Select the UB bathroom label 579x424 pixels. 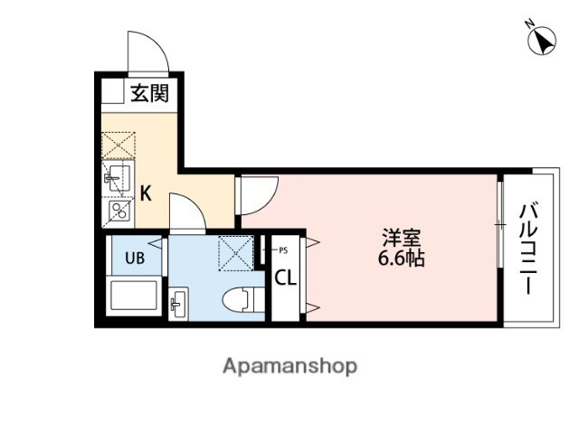point(134,258)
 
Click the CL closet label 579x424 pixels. point(285,278)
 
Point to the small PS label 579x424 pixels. point(282,250)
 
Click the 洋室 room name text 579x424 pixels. point(401,240)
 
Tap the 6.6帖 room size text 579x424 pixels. point(401,259)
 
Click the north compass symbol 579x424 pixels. point(543,42)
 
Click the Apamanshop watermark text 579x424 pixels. point(289,366)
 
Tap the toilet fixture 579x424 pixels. point(238,299)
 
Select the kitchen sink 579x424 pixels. point(118,176)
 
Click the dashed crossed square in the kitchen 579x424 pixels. point(118,143)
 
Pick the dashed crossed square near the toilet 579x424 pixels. point(237,253)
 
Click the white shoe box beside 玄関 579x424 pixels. point(112,92)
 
